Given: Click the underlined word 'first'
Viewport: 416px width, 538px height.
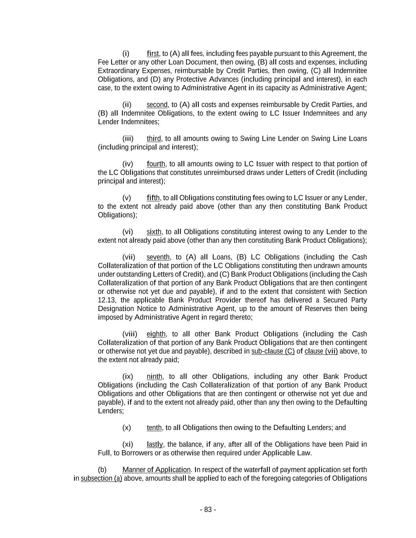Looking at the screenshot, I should pyautogui.click(x=153, y=54).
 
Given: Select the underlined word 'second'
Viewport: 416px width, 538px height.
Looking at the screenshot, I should pyautogui.click(x=157, y=105).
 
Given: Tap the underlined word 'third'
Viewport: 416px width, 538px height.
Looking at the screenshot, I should pyautogui.click(x=154, y=139).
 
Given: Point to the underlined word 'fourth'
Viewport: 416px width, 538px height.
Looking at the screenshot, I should pyautogui.click(x=156, y=164).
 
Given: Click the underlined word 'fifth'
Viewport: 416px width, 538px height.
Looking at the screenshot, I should pyautogui.click(x=153, y=198).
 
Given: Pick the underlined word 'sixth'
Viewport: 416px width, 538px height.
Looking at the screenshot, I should pyautogui.click(x=154, y=232).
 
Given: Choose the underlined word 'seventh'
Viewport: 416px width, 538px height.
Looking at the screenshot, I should pyautogui.click(x=158, y=257).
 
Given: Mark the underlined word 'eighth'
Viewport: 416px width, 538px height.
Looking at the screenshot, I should pyautogui.click(x=156, y=334).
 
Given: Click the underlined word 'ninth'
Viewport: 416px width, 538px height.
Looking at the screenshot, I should pyautogui.click(x=155, y=377).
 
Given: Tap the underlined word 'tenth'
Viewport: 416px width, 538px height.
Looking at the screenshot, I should pyautogui.click(x=154, y=428).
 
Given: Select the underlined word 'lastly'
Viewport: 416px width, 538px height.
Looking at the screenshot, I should pyautogui.click(x=155, y=445).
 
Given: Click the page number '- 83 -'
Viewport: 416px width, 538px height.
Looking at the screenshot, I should pyautogui.click(x=208, y=510).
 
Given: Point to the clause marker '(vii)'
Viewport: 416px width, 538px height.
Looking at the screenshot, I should pyautogui.click(x=129, y=257).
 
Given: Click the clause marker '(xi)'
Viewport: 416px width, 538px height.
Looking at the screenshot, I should pyautogui.click(x=128, y=445).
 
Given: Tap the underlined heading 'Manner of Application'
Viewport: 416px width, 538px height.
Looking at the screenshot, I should pyautogui.click(x=157, y=470).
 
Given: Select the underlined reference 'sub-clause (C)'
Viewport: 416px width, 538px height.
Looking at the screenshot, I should pyautogui.click(x=273, y=351).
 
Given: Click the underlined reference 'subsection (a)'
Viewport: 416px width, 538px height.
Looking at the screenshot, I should pyautogui.click(x=101, y=478).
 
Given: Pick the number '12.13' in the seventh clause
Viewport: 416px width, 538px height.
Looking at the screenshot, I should pyautogui.click(x=106, y=300).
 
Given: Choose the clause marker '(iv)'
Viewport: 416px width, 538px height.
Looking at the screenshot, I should pyautogui.click(x=128, y=164).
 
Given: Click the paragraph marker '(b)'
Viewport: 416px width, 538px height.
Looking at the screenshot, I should pyautogui.click(x=102, y=470).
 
